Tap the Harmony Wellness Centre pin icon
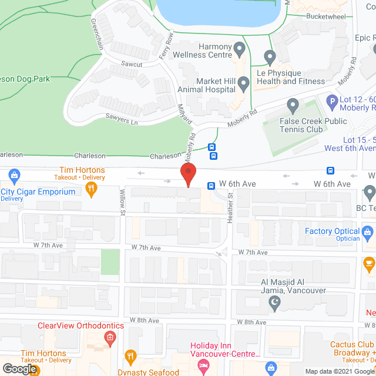point(239,48)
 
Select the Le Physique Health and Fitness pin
point(270,58)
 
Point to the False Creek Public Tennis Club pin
point(293,106)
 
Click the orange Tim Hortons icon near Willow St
point(90,189)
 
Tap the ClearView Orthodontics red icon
point(109,337)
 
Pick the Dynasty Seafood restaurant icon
point(130,357)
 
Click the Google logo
point(19,369)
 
